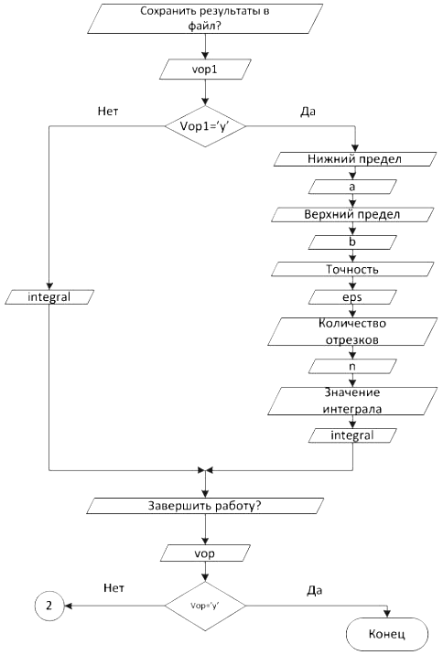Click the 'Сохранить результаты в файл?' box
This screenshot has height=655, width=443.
[205, 19]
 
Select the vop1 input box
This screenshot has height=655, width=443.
[205, 69]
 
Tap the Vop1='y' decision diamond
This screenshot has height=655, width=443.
[205, 126]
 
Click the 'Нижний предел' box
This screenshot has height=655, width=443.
[355, 159]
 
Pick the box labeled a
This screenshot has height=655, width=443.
[352, 187]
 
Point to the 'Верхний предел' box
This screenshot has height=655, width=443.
[352, 214]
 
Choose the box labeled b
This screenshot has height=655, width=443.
[352, 242]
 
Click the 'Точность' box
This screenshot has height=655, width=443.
[352, 270]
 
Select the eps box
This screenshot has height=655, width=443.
[352, 297]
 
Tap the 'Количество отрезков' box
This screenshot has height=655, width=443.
[352, 332]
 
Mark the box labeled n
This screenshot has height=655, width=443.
[352, 366]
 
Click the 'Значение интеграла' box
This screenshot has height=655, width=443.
[352, 401]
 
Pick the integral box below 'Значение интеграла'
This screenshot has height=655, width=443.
[352, 435]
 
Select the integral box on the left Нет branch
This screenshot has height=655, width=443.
[49, 297]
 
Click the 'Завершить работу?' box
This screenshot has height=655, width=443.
[205, 506]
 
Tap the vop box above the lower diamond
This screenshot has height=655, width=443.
[205, 553]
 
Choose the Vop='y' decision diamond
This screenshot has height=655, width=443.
[205, 606]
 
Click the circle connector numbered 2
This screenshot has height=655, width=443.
[49, 606]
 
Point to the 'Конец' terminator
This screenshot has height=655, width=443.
[387, 634]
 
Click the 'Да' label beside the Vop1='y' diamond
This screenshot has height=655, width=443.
[308, 112]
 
